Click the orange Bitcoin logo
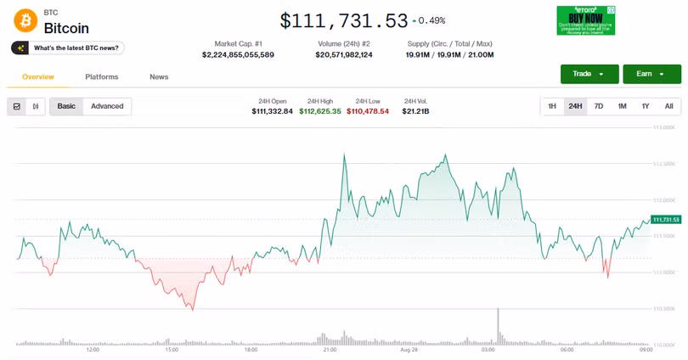[25, 21]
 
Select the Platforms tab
[102, 76]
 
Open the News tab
[159, 76]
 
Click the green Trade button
[589, 74]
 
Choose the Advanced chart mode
[107, 106]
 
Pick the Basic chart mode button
[66, 106]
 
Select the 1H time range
[552, 106]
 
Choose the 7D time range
[599, 106]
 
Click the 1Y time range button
[646, 106]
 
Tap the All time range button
[668, 106]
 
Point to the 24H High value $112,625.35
[320, 111]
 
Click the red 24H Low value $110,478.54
[368, 111]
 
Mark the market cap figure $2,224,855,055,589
[238, 55]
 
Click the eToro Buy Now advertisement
[585, 20]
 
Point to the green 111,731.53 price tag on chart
[667, 219]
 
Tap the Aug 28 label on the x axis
[409, 349]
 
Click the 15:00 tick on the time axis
[172, 349]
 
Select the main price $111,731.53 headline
[343, 20]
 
